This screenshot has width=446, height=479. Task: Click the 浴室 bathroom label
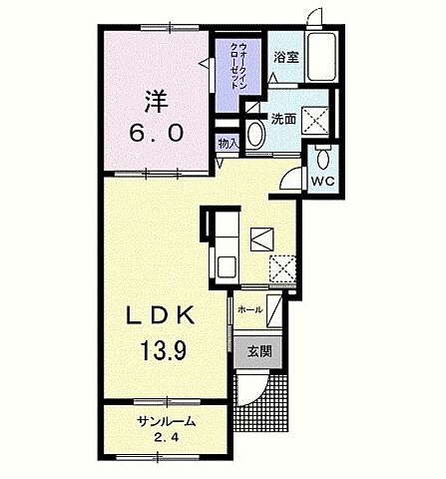tap(286, 58)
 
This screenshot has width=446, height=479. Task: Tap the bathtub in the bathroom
tap(321, 56)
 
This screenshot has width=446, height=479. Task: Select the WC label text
tap(322, 181)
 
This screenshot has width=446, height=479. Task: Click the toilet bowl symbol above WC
tap(322, 159)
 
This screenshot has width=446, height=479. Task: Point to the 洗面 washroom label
tap(283, 119)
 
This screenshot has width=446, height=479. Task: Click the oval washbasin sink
tap(255, 134)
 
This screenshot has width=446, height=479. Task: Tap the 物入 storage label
tap(227, 144)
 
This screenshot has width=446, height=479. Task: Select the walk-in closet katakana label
tap(238, 66)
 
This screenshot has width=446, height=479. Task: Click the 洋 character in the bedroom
tap(156, 100)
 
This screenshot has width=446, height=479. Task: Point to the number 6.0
tap(157, 134)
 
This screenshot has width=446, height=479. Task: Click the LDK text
tap(160, 315)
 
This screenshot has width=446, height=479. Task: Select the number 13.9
tap(163, 350)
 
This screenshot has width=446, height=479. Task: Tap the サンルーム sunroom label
tap(167, 421)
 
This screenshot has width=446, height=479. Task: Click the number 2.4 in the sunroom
tap(166, 437)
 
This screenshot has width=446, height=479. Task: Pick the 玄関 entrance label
tap(259, 351)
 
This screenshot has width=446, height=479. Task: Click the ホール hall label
tap(250, 310)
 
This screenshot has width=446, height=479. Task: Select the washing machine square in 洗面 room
tap(315, 120)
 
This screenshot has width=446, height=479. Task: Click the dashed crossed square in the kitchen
tap(282, 268)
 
